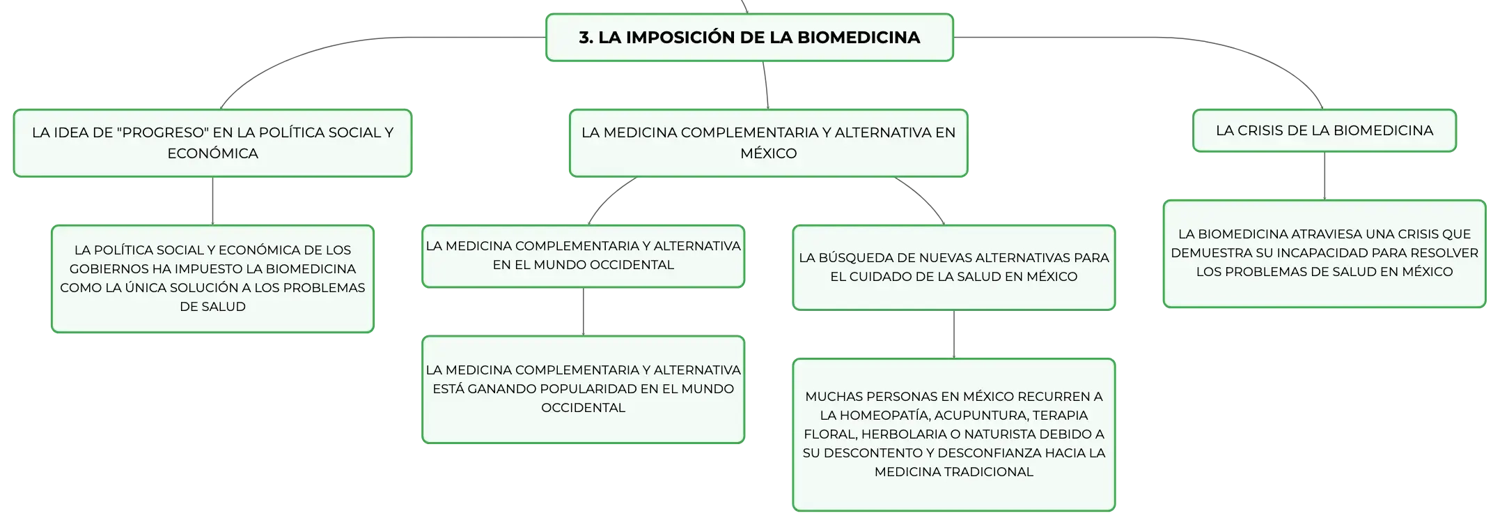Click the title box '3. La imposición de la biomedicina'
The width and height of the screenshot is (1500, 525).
click(x=749, y=38)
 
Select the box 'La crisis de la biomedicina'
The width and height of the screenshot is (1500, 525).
click(x=1325, y=130)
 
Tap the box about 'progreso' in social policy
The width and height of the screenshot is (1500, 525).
click(x=212, y=143)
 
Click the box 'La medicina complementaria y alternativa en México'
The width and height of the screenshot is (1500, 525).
click(x=768, y=143)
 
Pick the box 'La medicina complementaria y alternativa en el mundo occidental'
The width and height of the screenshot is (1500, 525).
click(x=583, y=256)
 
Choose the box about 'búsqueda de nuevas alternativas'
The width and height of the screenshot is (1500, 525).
click(x=954, y=267)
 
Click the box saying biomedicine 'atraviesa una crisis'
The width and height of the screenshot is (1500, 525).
click(x=1325, y=254)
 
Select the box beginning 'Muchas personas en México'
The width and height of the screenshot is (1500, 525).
click(x=954, y=434)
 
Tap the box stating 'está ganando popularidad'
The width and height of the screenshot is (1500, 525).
click(x=583, y=389)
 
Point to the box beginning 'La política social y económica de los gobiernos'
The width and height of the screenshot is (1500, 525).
click(x=212, y=278)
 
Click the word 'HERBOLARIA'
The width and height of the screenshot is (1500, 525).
click(x=905, y=434)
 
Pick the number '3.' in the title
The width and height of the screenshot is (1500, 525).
click(x=586, y=38)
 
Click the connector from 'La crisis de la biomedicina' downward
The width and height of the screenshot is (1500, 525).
click(x=1325, y=176)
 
